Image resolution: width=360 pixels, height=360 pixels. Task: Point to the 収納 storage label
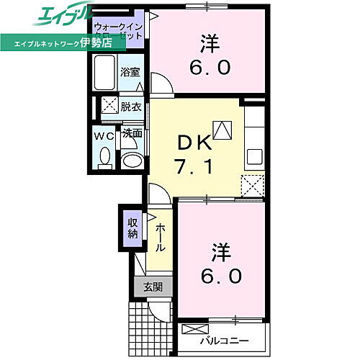point(133,228)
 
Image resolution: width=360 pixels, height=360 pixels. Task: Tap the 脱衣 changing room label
point(130,105)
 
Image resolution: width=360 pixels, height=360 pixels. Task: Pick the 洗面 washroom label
point(131,133)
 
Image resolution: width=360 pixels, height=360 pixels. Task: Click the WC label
point(103,135)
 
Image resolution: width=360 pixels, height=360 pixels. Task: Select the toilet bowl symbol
point(104,157)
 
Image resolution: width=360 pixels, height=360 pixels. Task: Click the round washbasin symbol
point(131,160)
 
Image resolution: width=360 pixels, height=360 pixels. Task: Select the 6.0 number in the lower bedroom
point(222,275)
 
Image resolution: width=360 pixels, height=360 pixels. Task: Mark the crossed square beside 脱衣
point(109,105)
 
